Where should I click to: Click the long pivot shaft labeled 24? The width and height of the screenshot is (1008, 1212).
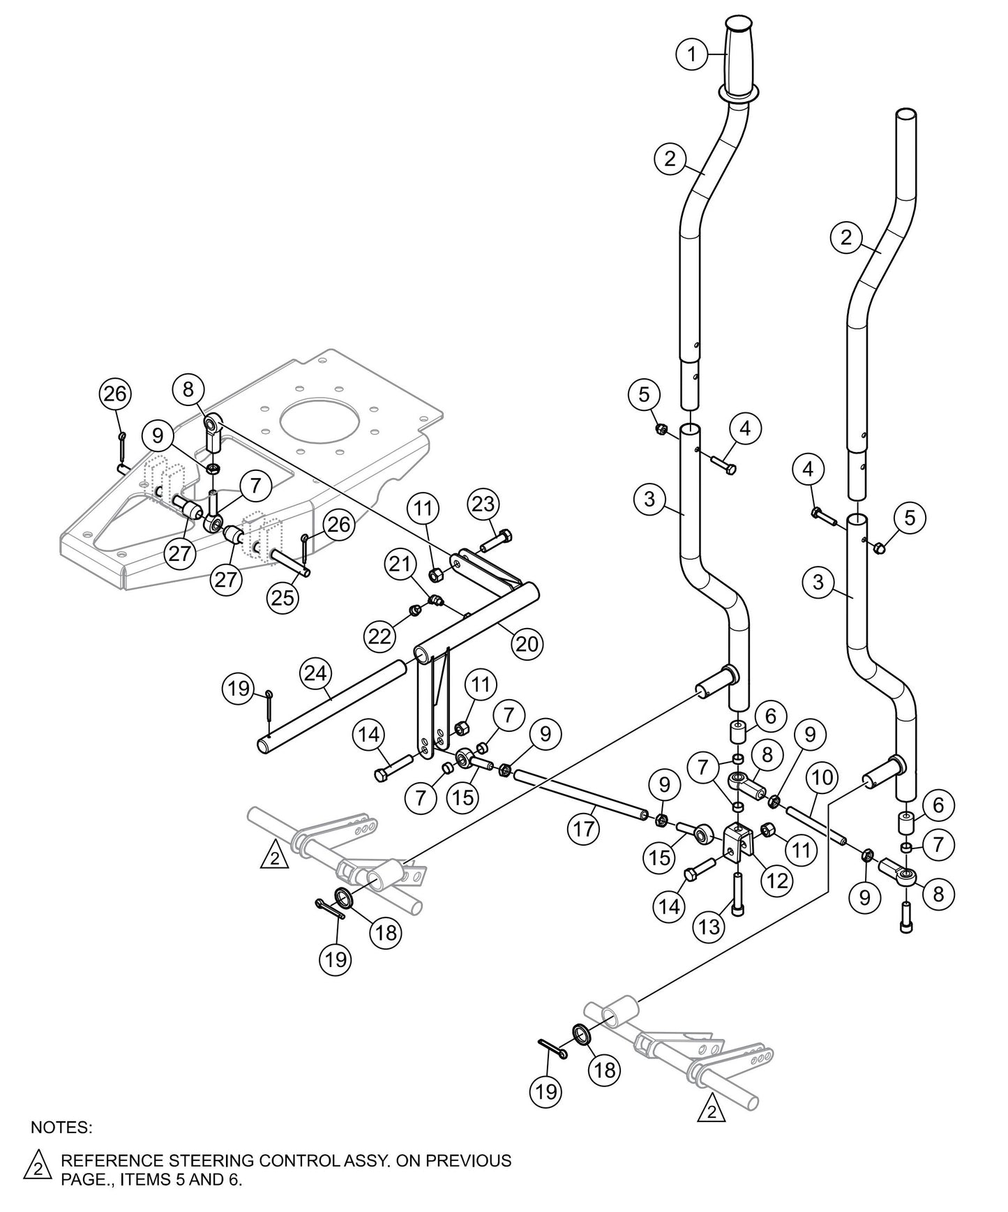pyautogui.click(x=335, y=705)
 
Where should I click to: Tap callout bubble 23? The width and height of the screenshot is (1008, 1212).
pyautogui.click(x=485, y=504)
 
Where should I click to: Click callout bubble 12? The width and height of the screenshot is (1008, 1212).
pyautogui.click(x=776, y=881)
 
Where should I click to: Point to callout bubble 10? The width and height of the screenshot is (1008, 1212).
pyautogui.click(x=822, y=777)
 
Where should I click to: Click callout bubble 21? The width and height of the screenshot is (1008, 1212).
pyautogui.click(x=400, y=565)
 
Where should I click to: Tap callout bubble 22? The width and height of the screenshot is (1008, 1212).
pyautogui.click(x=381, y=635)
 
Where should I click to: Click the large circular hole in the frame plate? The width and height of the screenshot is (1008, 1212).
pyautogui.click(x=322, y=426)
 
